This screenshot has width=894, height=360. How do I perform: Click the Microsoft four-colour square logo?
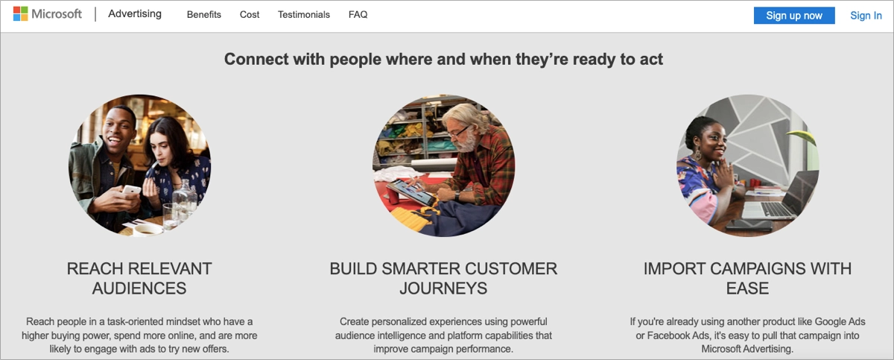click(20, 14)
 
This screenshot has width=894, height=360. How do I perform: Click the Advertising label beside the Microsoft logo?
click(135, 14)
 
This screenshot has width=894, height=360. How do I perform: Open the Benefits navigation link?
click(204, 15)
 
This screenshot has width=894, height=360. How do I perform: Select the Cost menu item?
click(250, 15)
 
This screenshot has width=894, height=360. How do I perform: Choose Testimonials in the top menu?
click(304, 15)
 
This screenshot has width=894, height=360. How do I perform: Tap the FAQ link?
click(358, 15)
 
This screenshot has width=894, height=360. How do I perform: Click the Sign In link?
click(866, 16)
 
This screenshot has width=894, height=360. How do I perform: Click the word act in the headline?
click(650, 59)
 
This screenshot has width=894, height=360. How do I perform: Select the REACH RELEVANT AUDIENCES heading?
click(139, 278)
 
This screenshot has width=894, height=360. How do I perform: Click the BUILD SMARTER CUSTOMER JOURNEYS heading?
click(443, 278)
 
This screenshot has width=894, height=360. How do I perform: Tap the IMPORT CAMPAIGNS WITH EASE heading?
click(747, 278)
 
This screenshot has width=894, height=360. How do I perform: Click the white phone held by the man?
click(130, 191)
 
